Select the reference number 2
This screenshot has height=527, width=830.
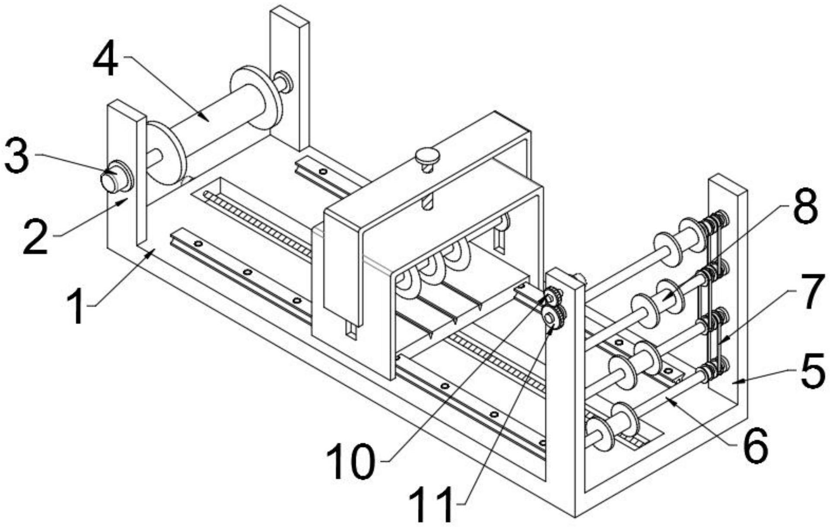(35, 236)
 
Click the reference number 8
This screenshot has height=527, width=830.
(805, 208)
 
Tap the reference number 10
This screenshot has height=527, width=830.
(350, 461)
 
